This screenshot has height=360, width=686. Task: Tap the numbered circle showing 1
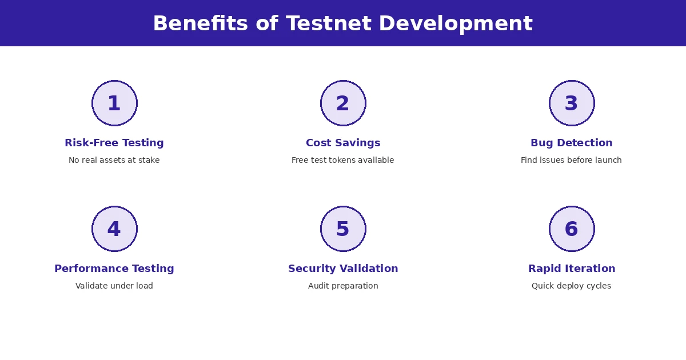pyautogui.click(x=114, y=103)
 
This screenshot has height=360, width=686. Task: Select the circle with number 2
pyautogui.click(x=343, y=103)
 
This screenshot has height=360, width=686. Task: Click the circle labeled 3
pyautogui.click(x=572, y=103)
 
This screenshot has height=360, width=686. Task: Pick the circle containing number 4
pyautogui.click(x=114, y=229)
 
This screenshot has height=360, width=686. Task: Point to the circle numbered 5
pyautogui.click(x=343, y=229)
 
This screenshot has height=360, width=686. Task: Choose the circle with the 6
pyautogui.click(x=572, y=229)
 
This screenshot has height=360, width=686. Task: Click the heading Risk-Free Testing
pyautogui.click(x=114, y=143)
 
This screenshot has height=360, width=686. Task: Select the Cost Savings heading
pyautogui.click(x=343, y=143)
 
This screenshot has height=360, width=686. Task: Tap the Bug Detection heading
pyautogui.click(x=572, y=143)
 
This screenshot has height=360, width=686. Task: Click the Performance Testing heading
pyautogui.click(x=114, y=269)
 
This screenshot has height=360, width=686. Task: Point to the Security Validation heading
pyautogui.click(x=343, y=269)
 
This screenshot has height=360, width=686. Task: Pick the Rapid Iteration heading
pyautogui.click(x=572, y=269)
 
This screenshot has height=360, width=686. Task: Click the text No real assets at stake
pyautogui.click(x=114, y=161)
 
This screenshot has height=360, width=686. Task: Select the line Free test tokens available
pyautogui.click(x=343, y=161)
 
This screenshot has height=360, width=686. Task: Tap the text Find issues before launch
pyautogui.click(x=572, y=161)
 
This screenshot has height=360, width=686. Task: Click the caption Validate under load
pyautogui.click(x=114, y=286)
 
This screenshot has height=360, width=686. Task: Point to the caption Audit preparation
pyautogui.click(x=343, y=286)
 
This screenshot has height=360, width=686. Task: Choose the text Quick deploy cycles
pyautogui.click(x=572, y=286)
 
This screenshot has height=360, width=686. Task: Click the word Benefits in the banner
pyautogui.click(x=200, y=24)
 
